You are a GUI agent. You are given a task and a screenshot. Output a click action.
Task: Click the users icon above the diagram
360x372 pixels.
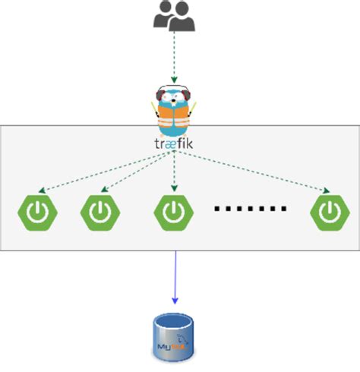(x=174, y=17)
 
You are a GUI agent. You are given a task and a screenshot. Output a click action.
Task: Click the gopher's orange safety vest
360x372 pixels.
(x=174, y=118)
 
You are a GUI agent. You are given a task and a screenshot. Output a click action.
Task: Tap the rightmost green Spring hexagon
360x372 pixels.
(x=329, y=213)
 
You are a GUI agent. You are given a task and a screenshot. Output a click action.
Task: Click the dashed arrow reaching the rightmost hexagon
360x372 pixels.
(x=254, y=170)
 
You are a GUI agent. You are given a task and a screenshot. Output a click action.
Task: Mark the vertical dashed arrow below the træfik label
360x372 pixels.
(x=174, y=171)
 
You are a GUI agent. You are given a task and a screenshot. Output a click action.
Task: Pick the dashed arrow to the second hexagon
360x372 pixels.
(x=137, y=171)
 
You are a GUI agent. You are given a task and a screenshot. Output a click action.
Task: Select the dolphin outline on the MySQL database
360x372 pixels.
(x=182, y=339)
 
